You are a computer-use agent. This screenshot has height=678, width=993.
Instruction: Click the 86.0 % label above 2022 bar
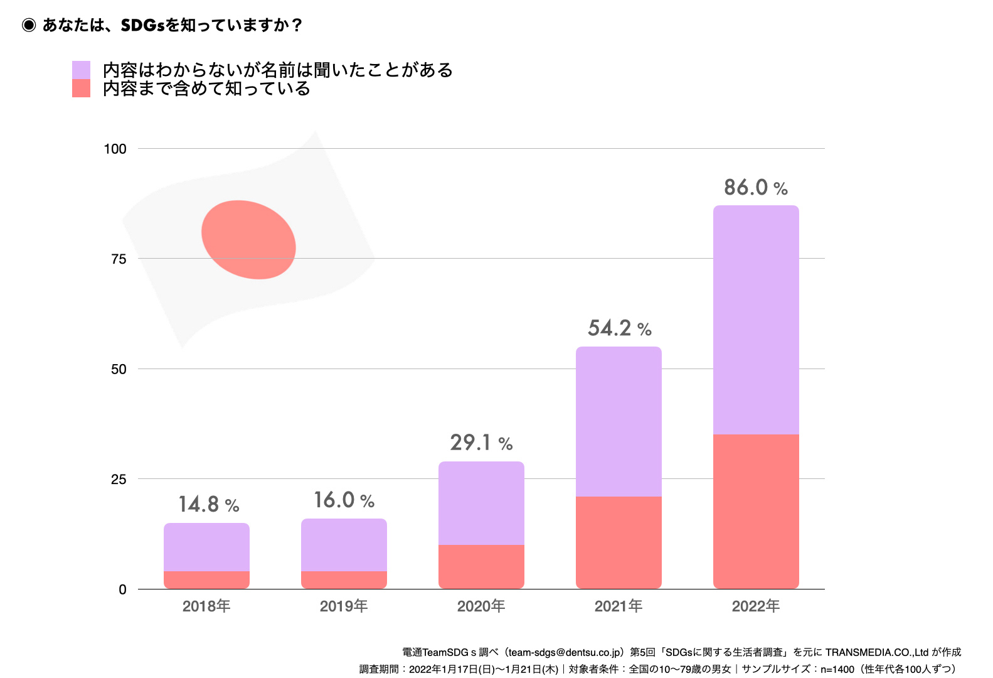pyautogui.click(x=755, y=187)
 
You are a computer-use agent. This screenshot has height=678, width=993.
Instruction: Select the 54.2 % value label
pyautogui.click(x=619, y=328)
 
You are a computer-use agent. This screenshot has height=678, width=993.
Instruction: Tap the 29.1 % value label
pyautogui.click(x=481, y=443)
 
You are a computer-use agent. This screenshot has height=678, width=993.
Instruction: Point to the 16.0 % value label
pyautogui.click(x=344, y=500)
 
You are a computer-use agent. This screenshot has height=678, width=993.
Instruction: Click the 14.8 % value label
pyautogui.click(x=208, y=504)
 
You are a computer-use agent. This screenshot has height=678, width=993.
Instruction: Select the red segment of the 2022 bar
pyautogui.click(x=756, y=511)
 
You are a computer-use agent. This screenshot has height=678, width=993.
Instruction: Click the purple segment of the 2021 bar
pyautogui.click(x=619, y=421)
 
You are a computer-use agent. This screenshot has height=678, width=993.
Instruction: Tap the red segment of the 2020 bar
pyautogui.click(x=481, y=566)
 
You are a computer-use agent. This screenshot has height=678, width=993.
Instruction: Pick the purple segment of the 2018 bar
pyautogui.click(x=206, y=547)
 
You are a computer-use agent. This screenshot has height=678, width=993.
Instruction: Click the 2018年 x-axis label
pyautogui.click(x=206, y=606)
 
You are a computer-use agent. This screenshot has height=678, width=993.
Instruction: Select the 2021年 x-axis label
pyautogui.click(x=619, y=606)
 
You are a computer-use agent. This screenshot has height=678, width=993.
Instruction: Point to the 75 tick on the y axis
pyautogui.click(x=119, y=259)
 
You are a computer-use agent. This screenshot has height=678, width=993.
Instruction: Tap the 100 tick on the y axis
pyautogui.click(x=115, y=149)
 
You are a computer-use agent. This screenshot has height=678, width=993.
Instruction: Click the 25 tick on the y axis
pyautogui.click(x=119, y=480)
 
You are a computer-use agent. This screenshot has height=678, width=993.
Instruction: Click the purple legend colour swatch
pyautogui.click(x=81, y=70)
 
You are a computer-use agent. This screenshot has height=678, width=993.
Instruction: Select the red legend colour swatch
pyautogui.click(x=81, y=89)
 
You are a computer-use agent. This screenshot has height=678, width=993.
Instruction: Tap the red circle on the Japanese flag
pyautogui.click(x=248, y=239)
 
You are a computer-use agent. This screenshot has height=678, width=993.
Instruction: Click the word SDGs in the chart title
pyautogui.click(x=143, y=25)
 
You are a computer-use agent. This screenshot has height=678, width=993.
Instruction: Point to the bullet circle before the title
pyautogui.click(x=29, y=25)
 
